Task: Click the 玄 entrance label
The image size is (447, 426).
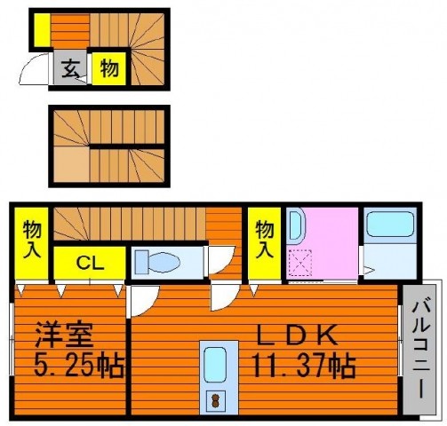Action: tap(69, 68)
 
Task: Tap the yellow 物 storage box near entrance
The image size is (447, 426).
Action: tap(109, 68)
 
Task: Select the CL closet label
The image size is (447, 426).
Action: tap(90, 263)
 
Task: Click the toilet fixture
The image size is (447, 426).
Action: tap(157, 262)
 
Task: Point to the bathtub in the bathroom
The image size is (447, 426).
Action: tap(390, 224)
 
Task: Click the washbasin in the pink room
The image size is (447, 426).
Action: tap(297, 225)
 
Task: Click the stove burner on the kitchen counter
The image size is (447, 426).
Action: tap(215, 400)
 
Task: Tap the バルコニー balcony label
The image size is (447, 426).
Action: tap(420, 349)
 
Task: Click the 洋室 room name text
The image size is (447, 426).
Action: tap(64, 335)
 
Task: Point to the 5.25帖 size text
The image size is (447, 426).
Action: tap(79, 366)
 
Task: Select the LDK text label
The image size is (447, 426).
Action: tap(297, 335)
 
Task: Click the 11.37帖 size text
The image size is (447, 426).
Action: tap(304, 366)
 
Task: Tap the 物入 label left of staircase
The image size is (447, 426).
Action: tap(32, 242)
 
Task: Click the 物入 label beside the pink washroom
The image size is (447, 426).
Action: tap(265, 242)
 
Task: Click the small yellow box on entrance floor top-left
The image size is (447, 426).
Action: tap(43, 30)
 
